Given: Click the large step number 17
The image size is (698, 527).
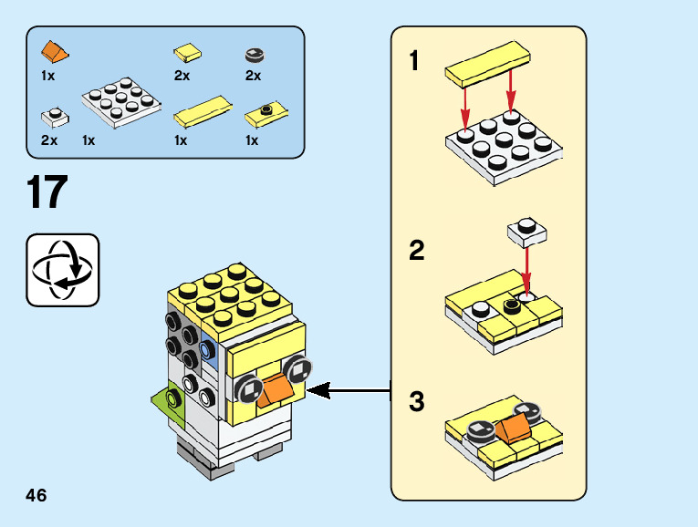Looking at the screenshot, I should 47,192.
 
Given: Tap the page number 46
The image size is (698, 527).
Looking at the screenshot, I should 36,495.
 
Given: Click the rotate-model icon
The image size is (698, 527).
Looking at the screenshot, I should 62,270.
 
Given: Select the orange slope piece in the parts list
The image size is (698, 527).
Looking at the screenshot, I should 55,50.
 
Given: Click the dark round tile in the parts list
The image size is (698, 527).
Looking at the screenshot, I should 254,55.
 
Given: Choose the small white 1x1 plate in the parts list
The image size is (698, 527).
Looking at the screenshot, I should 53,117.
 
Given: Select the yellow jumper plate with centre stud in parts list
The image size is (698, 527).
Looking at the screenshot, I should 266,115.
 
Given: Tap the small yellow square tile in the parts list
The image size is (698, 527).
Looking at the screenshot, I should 187,52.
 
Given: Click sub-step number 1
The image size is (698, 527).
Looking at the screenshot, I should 415,62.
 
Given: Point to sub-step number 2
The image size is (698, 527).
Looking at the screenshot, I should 417,251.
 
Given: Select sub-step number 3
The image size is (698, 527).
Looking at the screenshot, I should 417,401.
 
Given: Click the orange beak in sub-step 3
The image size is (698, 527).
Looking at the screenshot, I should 514,428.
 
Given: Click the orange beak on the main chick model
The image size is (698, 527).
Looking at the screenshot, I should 275,390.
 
